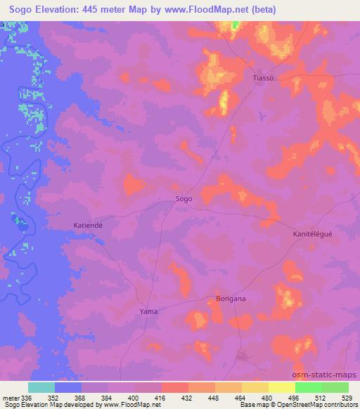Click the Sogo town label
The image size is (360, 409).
[x=184, y=199]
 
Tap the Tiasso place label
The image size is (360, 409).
[x=263, y=78]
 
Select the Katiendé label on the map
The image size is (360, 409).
[x=89, y=225]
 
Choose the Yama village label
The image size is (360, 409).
[x=148, y=311]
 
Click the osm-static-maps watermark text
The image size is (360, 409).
[x=329, y=376]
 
